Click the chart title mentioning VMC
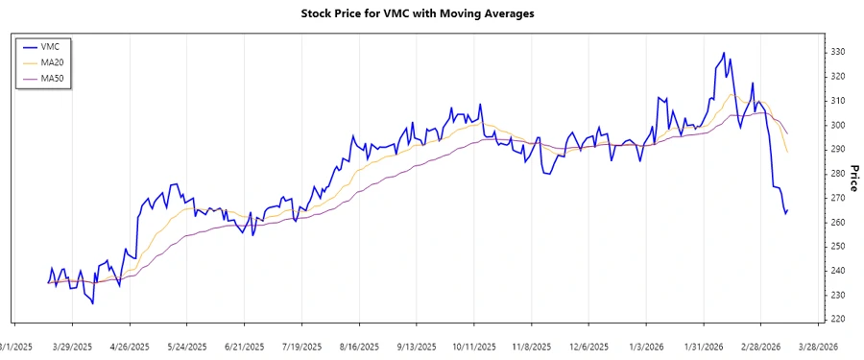click(431, 13)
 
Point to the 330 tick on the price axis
click(837, 52)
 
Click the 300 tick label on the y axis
click(837, 125)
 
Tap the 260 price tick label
click(837, 222)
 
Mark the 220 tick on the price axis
click(837, 319)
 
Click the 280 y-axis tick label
click(837, 174)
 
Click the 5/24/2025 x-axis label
click(187, 346)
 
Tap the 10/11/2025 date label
click(474, 346)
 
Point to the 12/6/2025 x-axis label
click(588, 346)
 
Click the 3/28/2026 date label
click(818, 346)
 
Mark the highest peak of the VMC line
click(722, 53)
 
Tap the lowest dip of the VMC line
click(93, 303)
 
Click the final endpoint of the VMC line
click(787, 209)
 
